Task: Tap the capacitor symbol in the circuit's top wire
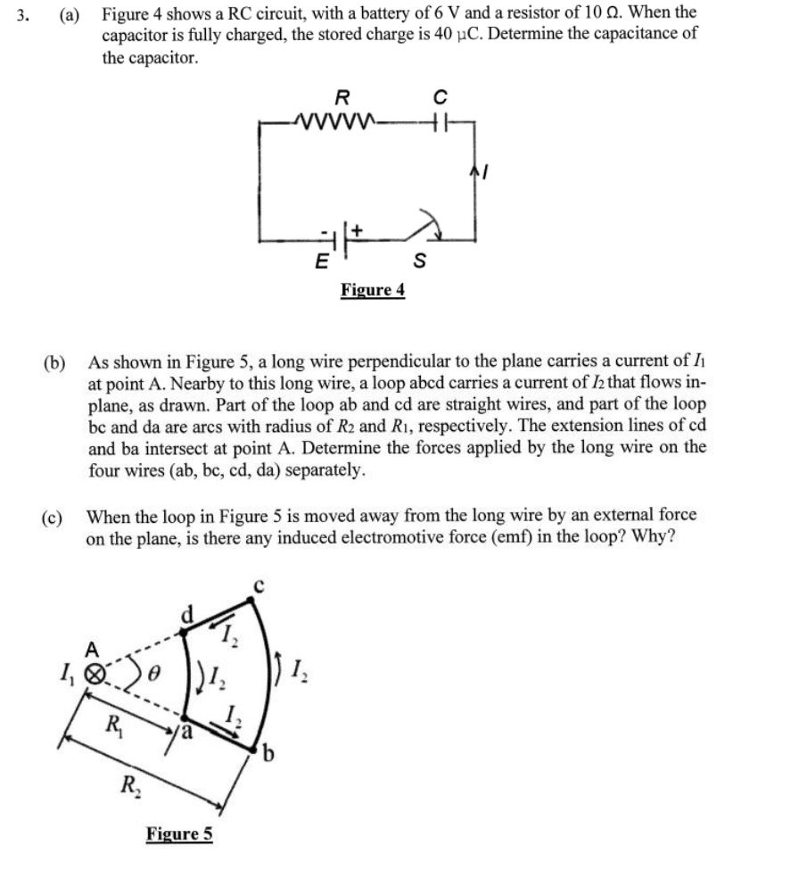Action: point(437,120)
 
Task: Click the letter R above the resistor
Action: point(341,95)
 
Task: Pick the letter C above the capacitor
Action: point(438,95)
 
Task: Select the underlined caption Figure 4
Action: point(372,290)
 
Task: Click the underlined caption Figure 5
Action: point(179,833)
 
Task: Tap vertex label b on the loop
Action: point(266,758)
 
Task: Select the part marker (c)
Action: point(52,517)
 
